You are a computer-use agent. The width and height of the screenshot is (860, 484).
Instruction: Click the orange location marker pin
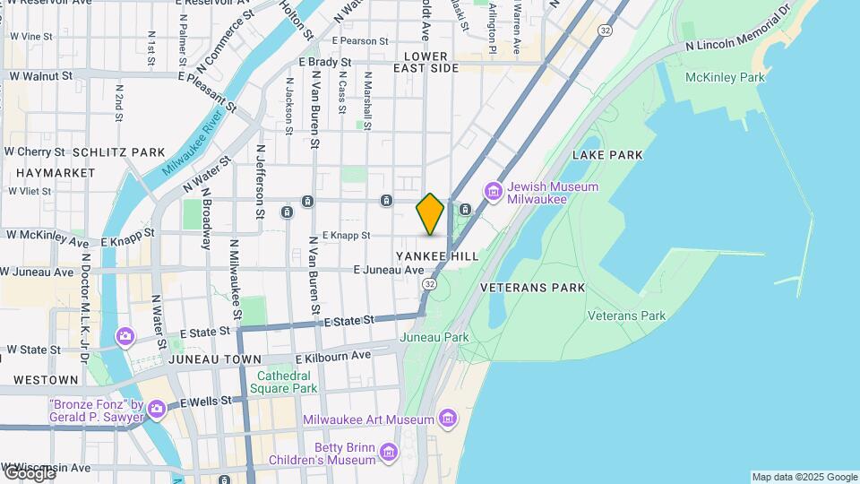click(430, 214)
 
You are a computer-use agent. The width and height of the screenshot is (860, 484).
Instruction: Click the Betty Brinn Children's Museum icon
click(388, 453)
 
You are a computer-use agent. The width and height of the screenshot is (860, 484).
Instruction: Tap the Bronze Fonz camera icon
click(157, 410)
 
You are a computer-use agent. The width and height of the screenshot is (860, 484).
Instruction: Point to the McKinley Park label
click(725, 78)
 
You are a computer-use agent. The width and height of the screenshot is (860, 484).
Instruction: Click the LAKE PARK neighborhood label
click(613, 155)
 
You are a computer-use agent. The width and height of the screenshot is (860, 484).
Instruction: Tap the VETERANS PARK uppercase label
click(532, 288)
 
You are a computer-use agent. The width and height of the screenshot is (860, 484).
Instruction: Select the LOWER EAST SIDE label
click(426, 62)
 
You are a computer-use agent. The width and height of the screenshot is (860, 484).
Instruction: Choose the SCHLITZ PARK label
click(119, 152)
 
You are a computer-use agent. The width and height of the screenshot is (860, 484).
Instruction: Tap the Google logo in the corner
click(29, 472)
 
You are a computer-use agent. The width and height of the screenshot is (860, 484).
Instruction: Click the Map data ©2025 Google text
click(804, 477)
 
